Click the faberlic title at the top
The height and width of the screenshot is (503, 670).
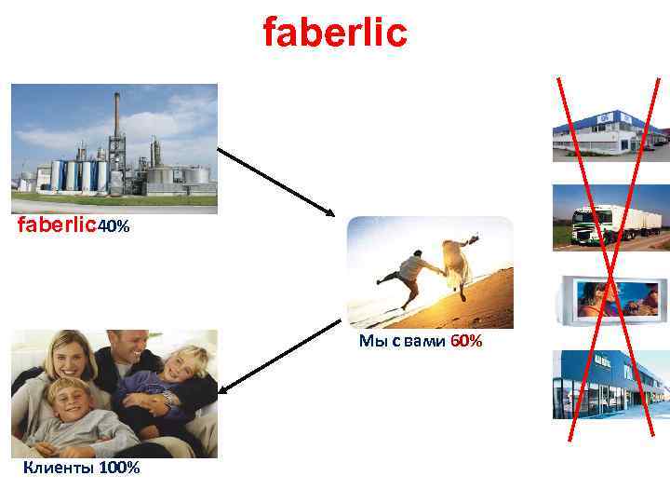(335, 33)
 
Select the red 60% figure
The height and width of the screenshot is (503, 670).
(466, 342)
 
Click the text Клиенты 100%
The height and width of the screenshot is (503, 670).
(82, 468)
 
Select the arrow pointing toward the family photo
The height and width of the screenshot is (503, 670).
(281, 355)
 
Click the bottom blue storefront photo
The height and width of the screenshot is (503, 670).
(610, 385)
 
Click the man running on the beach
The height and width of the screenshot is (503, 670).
(409, 270)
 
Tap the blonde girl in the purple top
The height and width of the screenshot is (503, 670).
(172, 382)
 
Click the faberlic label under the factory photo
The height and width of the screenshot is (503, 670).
(58, 225)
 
